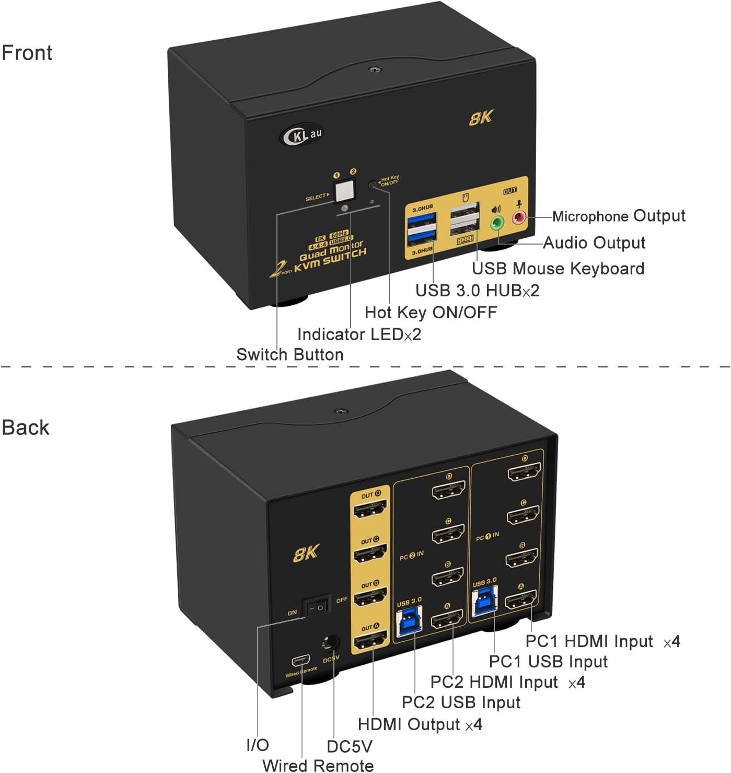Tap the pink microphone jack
pos(519,217)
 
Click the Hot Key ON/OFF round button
pos(373,184)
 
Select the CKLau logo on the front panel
pos(301,135)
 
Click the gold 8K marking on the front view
pos(481,118)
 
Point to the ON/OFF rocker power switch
pos(317,607)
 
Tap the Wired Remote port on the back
pos(300,660)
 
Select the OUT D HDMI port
pos(370,509)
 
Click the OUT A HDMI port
pos(370,640)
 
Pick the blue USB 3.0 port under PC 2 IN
pos(409,621)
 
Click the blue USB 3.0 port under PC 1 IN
pos(484,602)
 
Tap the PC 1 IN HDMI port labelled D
pos(524,472)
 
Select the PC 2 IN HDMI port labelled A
pos(447,620)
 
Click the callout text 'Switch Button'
pos(290,354)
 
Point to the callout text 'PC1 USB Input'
pos(548,662)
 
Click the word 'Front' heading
pos(27,53)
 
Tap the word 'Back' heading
pos(26,428)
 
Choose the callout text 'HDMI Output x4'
pos(420,724)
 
